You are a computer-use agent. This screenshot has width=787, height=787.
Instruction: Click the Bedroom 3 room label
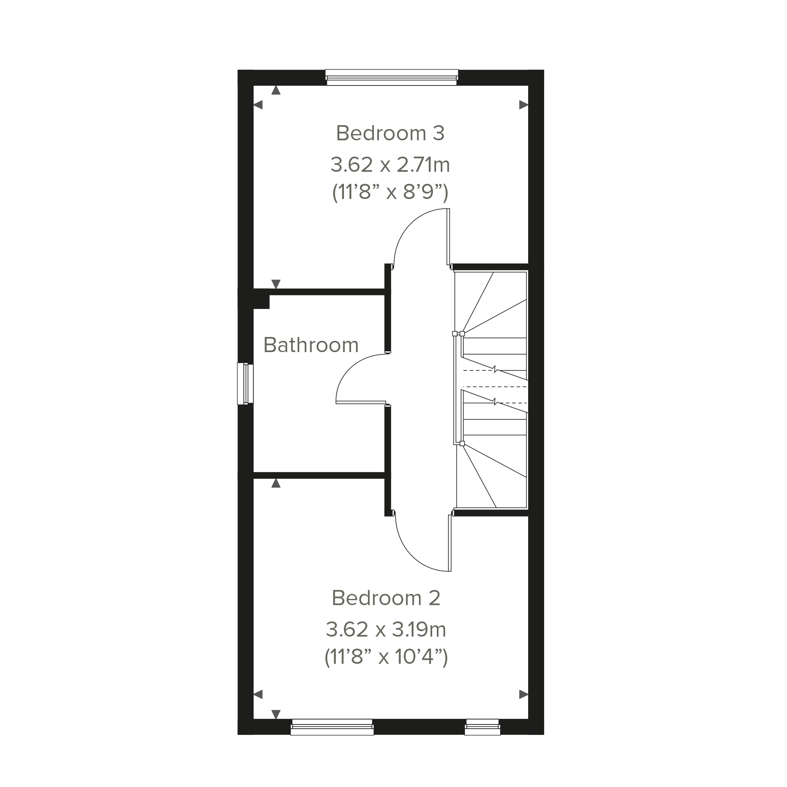tap(390, 133)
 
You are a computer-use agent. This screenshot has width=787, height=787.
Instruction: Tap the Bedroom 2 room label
tap(386, 598)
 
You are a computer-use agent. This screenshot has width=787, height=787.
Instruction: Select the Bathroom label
tap(311, 345)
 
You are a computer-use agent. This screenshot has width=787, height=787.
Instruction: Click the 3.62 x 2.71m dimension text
tap(390, 165)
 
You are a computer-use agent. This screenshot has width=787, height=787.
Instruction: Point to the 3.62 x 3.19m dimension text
tap(386, 630)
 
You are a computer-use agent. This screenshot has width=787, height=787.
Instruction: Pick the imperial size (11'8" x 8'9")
tap(390, 192)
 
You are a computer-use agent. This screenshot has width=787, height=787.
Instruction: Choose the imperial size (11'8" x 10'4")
tap(386, 657)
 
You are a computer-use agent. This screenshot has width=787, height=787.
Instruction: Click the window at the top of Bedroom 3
tap(392, 77)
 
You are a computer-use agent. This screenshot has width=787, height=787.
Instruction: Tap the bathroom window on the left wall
tap(245, 384)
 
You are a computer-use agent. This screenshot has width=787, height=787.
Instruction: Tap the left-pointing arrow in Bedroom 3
tap(258, 105)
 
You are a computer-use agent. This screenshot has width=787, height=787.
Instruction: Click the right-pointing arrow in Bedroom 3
tap(524, 105)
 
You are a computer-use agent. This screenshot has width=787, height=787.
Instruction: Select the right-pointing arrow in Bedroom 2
tap(524, 695)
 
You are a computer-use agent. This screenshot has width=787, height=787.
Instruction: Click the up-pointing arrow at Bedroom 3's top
tap(276, 90)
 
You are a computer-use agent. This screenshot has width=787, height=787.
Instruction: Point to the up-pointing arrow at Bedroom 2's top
tap(276, 483)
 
